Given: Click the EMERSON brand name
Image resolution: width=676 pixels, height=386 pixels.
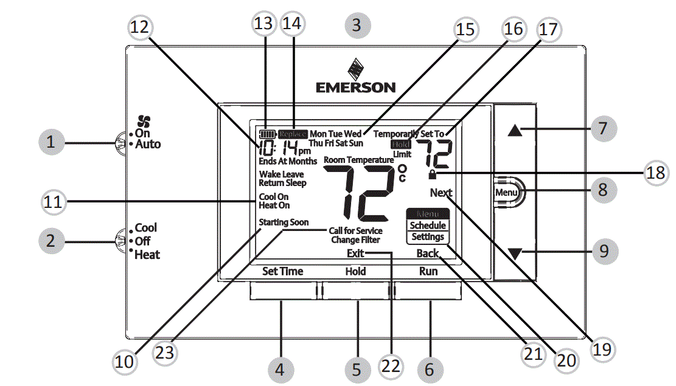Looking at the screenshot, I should coord(355,88).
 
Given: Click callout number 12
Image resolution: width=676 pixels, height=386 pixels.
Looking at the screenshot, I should coord(142,27).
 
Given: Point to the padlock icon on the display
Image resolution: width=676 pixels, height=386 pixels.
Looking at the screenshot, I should coord(432,175).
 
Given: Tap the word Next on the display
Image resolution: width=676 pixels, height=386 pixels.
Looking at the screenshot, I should coord(441,193).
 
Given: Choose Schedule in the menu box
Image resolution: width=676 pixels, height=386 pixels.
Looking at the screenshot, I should coord(428,226).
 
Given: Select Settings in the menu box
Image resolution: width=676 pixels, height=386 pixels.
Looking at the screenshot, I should coord(428,237).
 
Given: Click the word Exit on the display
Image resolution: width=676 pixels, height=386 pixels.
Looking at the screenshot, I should coord(355,253).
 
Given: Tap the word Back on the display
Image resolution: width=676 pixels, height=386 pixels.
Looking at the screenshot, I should coord(428,253).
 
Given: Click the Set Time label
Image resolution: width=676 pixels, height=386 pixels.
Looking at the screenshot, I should coord(282,272).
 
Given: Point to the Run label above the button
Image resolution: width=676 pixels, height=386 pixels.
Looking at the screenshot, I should coord(428,272).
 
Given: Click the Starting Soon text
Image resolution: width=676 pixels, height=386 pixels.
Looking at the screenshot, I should coord(284,222).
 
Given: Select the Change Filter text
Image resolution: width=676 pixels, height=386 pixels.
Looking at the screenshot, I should coord(356,240).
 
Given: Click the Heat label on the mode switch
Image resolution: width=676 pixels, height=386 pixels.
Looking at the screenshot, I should coord(147,255).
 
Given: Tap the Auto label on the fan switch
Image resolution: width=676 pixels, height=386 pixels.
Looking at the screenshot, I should coord(148,145).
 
